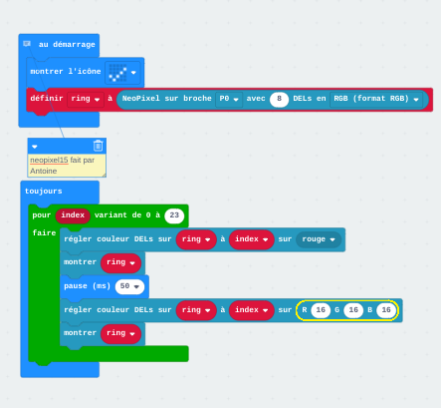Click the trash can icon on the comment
point(98,146)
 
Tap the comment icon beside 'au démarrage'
point(27,44)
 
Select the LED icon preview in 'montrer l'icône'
point(117,73)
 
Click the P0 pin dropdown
point(229,99)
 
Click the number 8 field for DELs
point(279,99)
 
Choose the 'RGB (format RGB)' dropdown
point(376,99)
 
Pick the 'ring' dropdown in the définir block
point(86,99)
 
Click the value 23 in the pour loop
point(174,215)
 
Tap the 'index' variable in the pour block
point(73,215)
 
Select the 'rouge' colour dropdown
point(319,239)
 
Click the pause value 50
point(129,286)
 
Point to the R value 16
point(321,310)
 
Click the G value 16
point(353,310)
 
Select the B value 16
point(386,310)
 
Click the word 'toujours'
point(44,192)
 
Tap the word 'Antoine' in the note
point(44,171)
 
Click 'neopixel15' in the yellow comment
point(49,161)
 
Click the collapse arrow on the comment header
point(35,147)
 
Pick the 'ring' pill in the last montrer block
point(120,333)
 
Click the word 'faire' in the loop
point(44,232)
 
